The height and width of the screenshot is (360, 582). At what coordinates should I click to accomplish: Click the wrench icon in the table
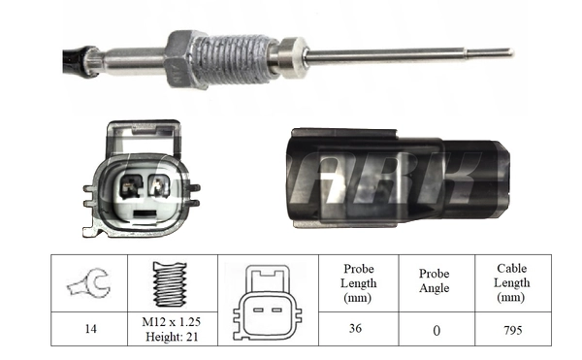(89, 283)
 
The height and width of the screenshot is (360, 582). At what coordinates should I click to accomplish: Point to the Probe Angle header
(436, 282)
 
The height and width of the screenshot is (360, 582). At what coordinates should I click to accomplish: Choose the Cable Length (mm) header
(512, 283)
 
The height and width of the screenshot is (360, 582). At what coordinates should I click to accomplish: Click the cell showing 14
(89, 330)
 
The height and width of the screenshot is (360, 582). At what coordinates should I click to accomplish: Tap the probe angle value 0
(436, 330)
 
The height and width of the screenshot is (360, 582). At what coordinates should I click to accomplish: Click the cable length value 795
(512, 330)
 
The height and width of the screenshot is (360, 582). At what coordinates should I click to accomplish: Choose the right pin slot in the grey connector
(159, 185)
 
